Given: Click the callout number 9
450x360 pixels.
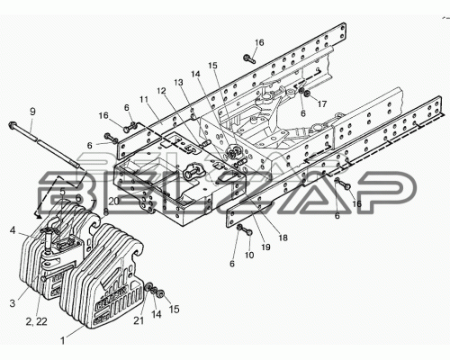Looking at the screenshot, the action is tap(32, 112).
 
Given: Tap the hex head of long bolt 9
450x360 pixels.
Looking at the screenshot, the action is tap(13, 125).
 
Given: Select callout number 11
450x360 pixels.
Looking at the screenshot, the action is tap(144, 100).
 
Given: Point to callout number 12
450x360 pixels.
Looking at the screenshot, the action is tap(162, 91).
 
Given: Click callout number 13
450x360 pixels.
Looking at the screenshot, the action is tap(178, 83).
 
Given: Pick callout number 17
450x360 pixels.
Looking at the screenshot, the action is tap(321, 104).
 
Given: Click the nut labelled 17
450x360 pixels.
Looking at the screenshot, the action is tap(308, 94).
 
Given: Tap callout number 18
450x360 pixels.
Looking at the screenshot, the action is tap(283, 238).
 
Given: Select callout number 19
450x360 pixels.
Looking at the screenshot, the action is tap(265, 247).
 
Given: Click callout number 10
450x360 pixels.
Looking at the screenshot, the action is tap(249, 255).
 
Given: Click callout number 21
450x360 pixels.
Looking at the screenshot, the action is tap(139, 320).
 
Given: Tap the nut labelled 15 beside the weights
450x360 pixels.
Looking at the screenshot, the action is tap(161, 292).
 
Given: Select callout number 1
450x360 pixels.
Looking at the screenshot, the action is tap(63, 341).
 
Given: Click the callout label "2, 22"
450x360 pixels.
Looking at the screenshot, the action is tap(37, 321).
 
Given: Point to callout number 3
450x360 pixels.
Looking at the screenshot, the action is tap(12, 303).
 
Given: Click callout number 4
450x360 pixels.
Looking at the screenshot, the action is tap(12, 230).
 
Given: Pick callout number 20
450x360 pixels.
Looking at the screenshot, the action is tap(114, 202).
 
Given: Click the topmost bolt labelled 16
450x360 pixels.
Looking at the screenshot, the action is tap(250, 58).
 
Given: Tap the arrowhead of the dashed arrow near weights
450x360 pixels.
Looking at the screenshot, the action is tap(38, 215).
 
